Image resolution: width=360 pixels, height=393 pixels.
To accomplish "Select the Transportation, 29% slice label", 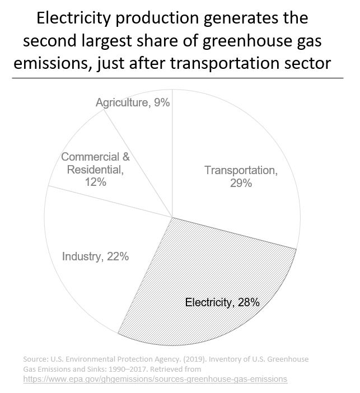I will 240,176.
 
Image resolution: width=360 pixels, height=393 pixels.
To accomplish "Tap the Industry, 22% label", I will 96,256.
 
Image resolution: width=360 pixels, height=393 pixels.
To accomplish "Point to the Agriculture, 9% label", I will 133,102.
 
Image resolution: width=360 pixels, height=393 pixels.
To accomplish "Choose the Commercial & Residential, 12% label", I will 95,170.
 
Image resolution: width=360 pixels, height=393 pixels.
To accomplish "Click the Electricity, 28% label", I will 222,303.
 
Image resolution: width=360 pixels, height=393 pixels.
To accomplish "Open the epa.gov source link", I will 155,379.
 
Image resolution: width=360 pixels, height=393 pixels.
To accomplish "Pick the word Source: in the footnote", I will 36,359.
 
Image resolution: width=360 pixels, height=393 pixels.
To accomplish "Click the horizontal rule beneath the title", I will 180,78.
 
